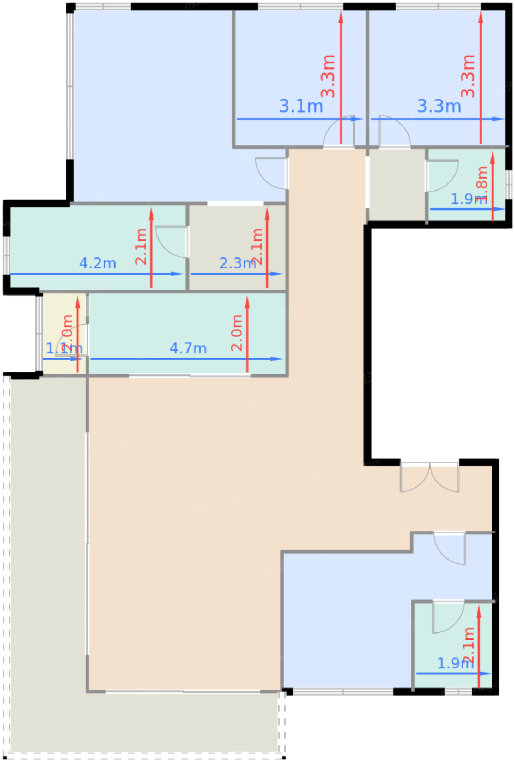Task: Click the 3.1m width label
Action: tap(301, 106)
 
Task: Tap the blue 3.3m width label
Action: tap(439, 106)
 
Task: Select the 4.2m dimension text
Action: tap(98, 263)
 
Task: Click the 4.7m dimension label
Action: tap(188, 348)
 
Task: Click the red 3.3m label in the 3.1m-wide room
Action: tap(328, 76)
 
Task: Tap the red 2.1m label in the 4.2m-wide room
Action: tap(141, 246)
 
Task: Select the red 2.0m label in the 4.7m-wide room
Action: tap(237, 333)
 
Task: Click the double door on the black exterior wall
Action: tap(429, 477)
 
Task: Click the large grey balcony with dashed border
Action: tap(46, 571)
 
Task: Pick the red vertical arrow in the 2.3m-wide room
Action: tap(267, 248)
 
